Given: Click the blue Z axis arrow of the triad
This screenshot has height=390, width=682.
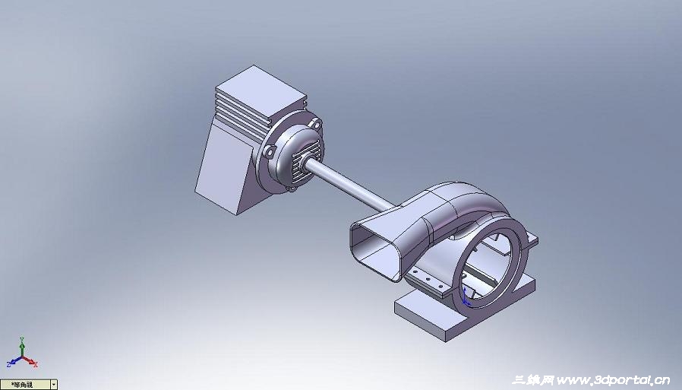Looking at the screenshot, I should [x=11, y=364].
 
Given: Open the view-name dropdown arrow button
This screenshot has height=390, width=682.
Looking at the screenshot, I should [x=53, y=385].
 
